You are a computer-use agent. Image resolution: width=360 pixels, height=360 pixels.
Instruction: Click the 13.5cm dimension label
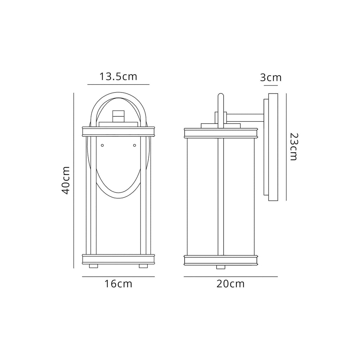coord(118,77)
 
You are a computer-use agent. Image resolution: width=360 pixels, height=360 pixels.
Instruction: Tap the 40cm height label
coord(66,180)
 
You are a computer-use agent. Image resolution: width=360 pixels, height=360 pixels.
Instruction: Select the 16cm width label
coord(118,284)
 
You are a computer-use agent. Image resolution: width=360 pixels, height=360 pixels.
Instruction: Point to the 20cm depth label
coord(230,284)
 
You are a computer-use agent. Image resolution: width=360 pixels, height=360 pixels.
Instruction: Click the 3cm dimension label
coord(271,77)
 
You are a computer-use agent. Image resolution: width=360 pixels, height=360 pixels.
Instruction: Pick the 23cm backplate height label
coord(293,147)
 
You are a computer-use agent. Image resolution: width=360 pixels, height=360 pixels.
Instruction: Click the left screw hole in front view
coord(102,145)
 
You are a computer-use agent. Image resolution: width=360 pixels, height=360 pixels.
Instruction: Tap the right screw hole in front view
coord(134,145)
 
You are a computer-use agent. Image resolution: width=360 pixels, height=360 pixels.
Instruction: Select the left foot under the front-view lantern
coord(93,266)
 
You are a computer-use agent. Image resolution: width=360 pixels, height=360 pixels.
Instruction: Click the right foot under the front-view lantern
coord(143,266)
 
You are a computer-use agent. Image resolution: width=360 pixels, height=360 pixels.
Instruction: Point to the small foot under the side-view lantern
coord(220,267)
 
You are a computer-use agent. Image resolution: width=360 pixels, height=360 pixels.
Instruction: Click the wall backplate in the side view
coord(273,147)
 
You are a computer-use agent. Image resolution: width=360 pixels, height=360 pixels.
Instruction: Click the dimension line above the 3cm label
coord(271,85)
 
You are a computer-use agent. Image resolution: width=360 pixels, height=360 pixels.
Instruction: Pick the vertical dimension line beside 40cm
coord(73,180)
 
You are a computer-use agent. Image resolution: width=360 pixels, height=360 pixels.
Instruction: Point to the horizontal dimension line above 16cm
coord(118,277)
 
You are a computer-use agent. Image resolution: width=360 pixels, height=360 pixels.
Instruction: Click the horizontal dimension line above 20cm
coord(231,277)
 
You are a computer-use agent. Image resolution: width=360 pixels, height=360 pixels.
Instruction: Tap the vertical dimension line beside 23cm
coord(286,147)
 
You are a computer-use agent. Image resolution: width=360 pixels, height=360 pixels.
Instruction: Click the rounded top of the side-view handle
coord(220,96)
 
